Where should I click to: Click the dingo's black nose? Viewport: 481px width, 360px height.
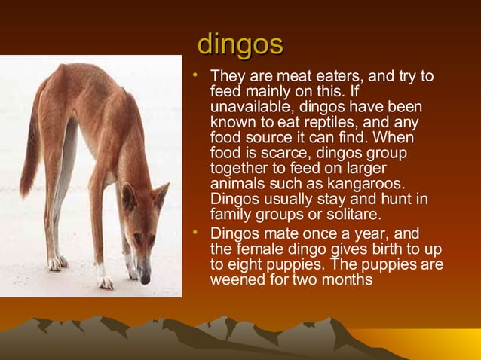tap(146, 279)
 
